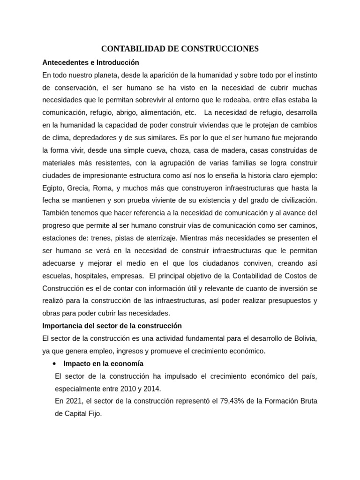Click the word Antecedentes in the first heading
pyautogui.click(x=63, y=62)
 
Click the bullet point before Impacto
pyautogui.click(x=54, y=364)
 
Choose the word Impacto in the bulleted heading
pyautogui.click(x=78, y=363)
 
